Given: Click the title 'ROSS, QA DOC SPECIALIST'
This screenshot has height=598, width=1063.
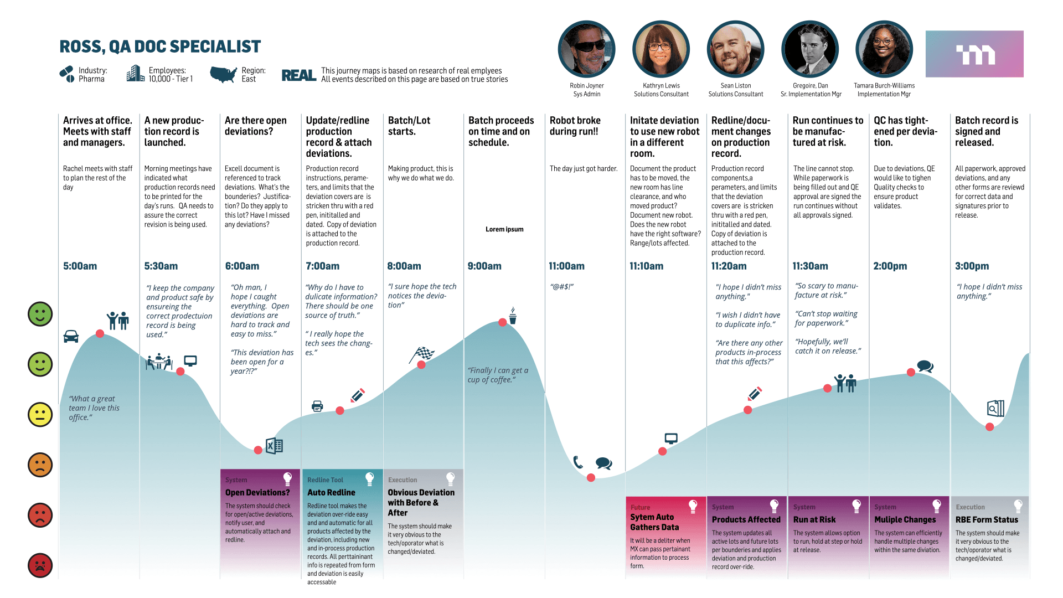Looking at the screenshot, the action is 160,47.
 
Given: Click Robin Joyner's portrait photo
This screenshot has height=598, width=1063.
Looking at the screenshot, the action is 587,49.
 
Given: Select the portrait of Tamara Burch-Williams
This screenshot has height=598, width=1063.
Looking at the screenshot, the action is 884,49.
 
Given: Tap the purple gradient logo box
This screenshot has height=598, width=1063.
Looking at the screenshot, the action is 974,54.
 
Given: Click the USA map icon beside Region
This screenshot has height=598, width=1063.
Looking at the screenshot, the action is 224,74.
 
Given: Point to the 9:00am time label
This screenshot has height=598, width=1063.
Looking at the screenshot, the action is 484,266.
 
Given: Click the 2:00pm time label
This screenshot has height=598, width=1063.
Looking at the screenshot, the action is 890,266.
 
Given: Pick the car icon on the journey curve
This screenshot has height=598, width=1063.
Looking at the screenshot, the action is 71,336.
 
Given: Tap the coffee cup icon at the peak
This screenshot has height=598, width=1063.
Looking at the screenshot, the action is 513,316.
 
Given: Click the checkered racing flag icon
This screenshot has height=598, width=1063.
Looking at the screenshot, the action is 422,354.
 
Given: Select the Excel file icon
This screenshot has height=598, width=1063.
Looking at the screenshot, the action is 275,446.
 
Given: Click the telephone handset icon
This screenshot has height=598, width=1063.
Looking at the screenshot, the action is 578,462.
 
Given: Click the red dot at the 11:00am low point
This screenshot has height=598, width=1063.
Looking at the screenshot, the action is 591,477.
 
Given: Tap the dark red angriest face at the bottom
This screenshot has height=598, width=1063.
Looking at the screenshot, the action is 40,565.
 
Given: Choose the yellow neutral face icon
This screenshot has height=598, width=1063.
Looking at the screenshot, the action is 40,415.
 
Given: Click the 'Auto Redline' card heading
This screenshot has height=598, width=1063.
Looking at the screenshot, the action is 331,493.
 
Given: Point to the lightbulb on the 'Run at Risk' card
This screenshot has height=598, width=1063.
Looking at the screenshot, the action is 856,506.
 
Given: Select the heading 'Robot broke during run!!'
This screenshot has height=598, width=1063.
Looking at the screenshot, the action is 575,126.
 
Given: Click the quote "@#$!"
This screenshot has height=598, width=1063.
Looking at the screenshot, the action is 561,287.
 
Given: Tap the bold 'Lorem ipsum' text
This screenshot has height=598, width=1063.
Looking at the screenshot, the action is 504,229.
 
